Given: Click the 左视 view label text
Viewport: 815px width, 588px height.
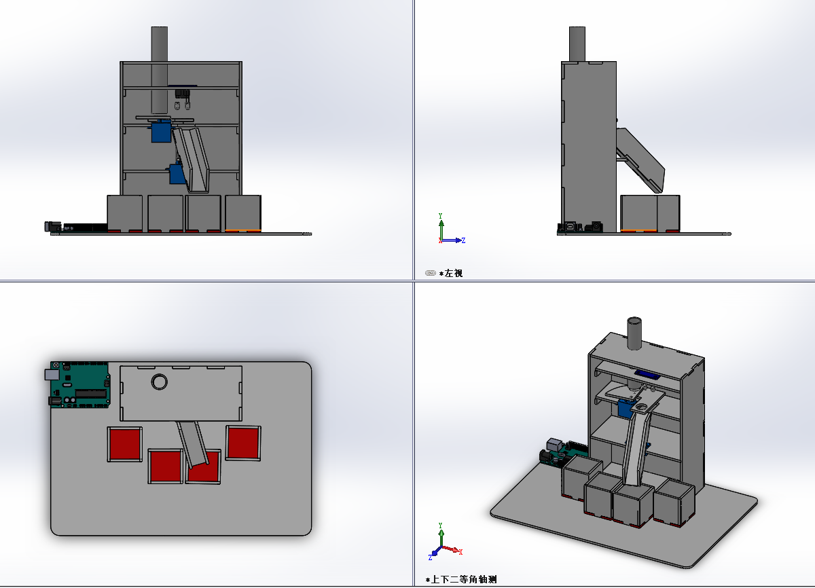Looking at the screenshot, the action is click(454, 273).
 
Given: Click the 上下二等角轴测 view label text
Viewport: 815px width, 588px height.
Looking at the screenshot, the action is click(464, 579).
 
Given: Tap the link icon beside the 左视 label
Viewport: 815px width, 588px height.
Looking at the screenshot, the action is click(431, 273).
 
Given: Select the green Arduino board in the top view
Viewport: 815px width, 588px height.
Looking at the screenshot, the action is click(80, 385).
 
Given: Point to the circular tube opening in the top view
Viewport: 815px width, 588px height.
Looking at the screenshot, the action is click(159, 382).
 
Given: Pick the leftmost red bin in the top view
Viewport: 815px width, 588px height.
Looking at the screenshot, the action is click(125, 444).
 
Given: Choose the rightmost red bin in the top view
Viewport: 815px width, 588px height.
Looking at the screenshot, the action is click(243, 443).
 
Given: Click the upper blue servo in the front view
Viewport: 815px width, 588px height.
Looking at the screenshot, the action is click(161, 132).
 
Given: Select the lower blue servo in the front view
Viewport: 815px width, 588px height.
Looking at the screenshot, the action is click(177, 174).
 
